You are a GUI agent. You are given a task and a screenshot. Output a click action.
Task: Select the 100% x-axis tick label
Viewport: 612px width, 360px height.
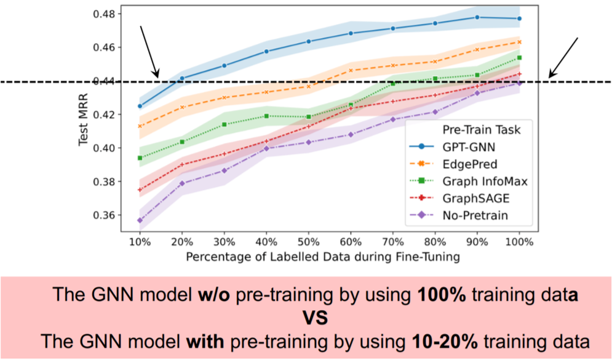[x=519, y=242]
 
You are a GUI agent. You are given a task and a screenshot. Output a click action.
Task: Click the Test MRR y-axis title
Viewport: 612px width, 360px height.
[x=85, y=123]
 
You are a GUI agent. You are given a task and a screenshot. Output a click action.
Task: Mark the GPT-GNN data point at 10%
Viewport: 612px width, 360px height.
[x=140, y=106]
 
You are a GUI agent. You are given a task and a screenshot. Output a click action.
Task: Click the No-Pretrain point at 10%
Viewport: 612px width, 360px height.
[x=140, y=220]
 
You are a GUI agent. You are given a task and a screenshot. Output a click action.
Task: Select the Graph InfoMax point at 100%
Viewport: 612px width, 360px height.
[x=520, y=58]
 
